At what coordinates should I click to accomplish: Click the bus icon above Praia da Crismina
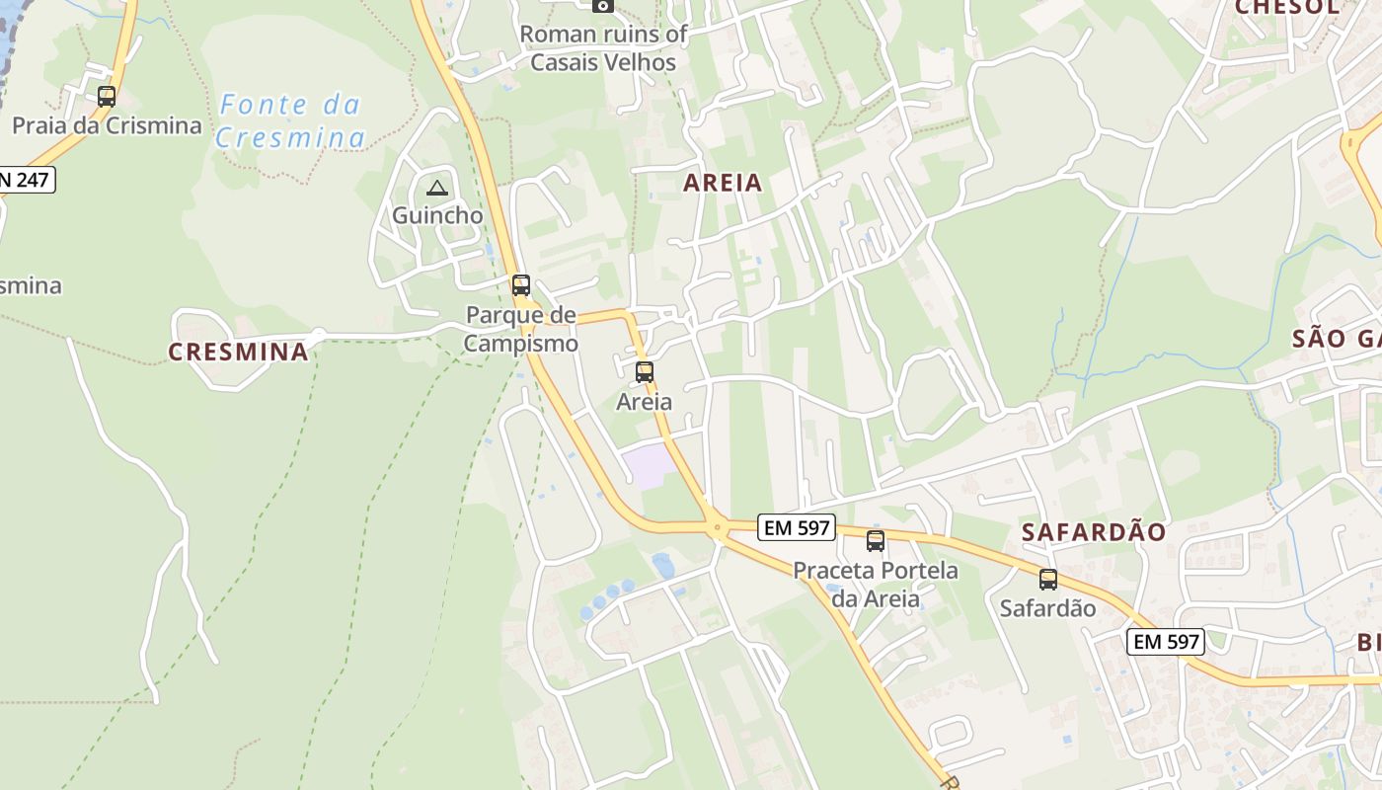(107, 97)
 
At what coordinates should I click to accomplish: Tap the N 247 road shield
(26, 180)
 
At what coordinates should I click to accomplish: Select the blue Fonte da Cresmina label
(290, 120)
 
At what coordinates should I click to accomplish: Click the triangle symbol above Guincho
(436, 188)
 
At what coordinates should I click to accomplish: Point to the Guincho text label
(437, 215)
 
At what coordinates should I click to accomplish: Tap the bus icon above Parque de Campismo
(520, 285)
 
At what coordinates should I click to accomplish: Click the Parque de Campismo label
(520, 330)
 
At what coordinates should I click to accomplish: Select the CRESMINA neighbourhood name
(238, 352)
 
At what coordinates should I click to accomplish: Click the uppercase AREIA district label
(723, 183)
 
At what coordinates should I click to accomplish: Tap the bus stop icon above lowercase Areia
(645, 372)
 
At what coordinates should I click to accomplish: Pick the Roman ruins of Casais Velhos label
(603, 47)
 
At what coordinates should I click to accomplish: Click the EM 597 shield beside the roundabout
(798, 527)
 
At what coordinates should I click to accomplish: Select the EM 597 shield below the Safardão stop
(1166, 642)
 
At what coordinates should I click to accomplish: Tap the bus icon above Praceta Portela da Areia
(876, 540)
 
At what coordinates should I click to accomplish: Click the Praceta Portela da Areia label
(876, 585)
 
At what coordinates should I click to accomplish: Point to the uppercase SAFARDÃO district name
(1094, 532)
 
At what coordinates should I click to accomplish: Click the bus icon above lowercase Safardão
(1048, 580)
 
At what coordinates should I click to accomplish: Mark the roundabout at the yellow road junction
(718, 527)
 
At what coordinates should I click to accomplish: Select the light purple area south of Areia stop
(648, 465)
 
